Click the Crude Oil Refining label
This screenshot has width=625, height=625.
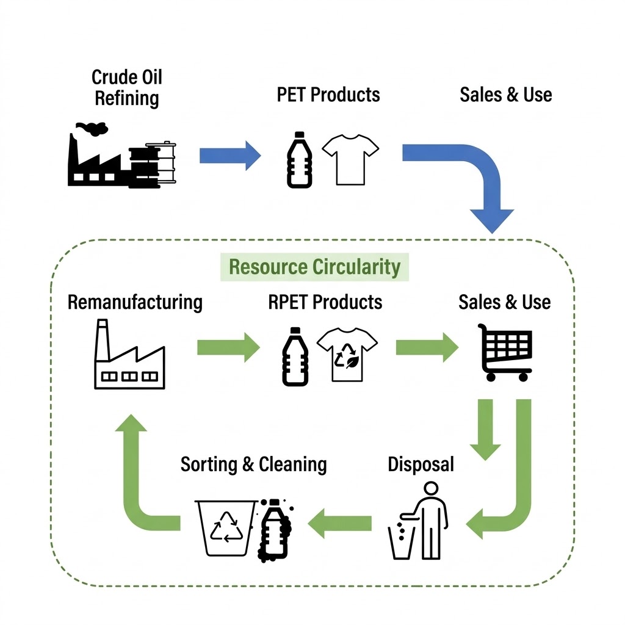coord(127,87)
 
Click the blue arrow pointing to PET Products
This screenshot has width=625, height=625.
coord(229,155)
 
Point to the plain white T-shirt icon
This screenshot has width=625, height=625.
coord(350,159)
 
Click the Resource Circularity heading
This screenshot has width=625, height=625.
coord(314,267)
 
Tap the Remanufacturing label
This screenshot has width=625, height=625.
coord(135,302)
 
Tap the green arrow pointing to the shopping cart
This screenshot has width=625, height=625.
coord(426,348)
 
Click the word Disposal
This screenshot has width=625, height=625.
coord(421,464)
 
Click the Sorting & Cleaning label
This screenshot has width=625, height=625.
coord(253,464)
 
